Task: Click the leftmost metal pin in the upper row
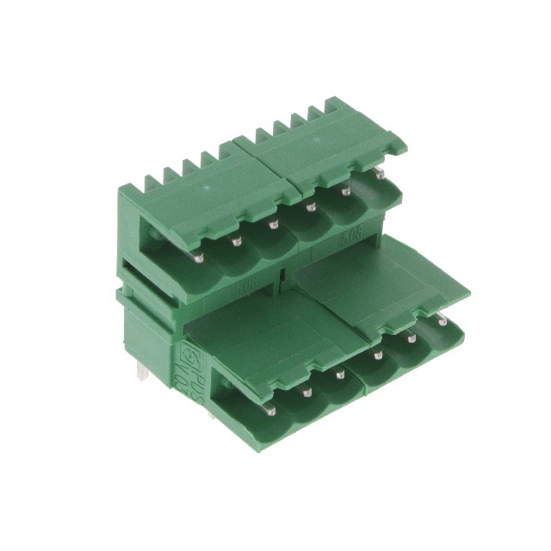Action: click(198, 257)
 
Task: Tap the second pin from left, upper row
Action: click(236, 241)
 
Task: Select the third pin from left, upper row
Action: click(273, 225)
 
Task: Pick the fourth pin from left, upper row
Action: click(310, 207)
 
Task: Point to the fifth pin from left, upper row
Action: click(345, 190)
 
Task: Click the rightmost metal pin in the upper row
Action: click(380, 174)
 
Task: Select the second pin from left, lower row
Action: click(306, 392)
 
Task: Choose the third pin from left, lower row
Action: click(341, 374)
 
